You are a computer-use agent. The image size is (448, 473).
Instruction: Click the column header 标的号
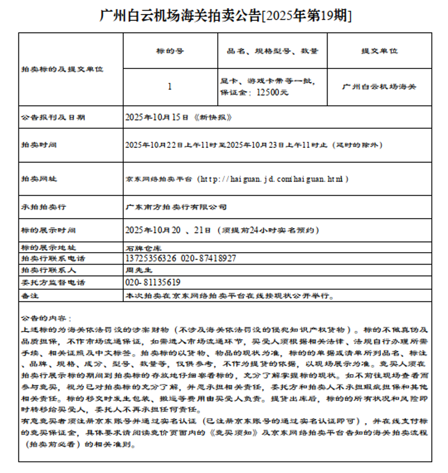click(x=170, y=51)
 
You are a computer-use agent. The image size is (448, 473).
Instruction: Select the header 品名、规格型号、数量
click(x=272, y=51)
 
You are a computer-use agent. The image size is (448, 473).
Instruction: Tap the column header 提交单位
click(x=379, y=51)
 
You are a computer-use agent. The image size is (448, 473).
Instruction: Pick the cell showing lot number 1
click(x=170, y=87)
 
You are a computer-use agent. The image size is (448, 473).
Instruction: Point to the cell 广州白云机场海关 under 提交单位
click(x=379, y=87)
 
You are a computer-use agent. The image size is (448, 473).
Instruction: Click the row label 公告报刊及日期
click(x=53, y=118)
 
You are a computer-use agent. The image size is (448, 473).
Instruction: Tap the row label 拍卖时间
click(x=39, y=145)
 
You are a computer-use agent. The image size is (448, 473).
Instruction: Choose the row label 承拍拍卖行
click(x=43, y=207)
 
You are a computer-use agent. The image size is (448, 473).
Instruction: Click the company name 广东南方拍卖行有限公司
click(x=176, y=207)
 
